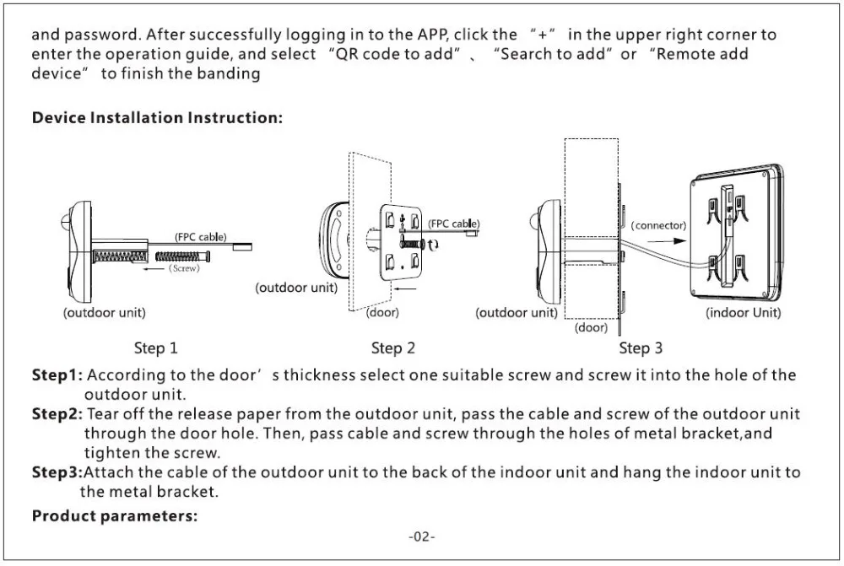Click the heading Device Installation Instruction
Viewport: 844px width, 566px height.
(157, 117)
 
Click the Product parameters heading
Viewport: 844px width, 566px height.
(115, 516)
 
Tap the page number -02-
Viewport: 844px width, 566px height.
(422, 536)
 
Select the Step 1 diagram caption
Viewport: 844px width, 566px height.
(155, 348)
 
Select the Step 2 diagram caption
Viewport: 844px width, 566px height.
(393, 348)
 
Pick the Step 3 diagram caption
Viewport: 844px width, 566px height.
(641, 348)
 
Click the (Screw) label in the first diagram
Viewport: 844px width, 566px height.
(184, 268)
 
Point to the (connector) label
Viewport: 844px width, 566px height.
(659, 225)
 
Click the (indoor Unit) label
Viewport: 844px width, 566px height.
(743, 313)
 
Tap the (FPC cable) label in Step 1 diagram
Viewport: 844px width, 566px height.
(201, 237)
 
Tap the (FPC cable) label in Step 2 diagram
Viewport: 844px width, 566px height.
(454, 224)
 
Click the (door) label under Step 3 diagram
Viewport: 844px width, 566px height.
(591, 327)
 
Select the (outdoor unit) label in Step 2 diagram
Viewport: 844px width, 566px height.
(296, 288)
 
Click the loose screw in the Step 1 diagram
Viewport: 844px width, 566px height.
(183, 256)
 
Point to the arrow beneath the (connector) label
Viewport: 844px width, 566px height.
(667, 240)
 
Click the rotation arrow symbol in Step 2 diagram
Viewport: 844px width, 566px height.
(433, 245)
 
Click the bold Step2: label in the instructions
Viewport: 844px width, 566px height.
(57, 413)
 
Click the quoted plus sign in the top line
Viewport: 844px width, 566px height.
(543, 35)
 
